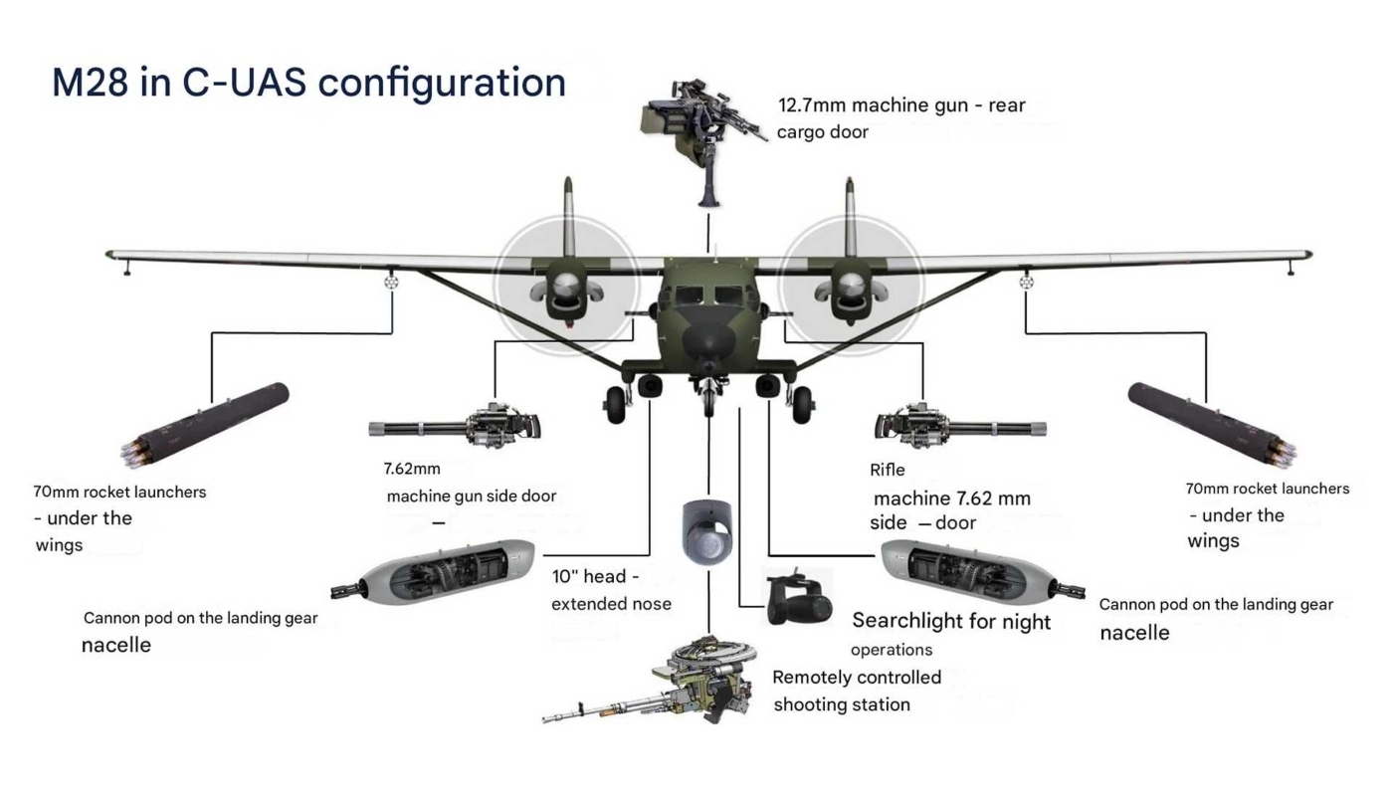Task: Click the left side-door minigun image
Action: [x=458, y=426]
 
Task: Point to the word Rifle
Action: [x=888, y=470]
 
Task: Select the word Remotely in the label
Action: [x=812, y=678]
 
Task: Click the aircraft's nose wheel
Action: [x=707, y=398]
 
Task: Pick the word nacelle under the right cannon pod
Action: [x=1134, y=634]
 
